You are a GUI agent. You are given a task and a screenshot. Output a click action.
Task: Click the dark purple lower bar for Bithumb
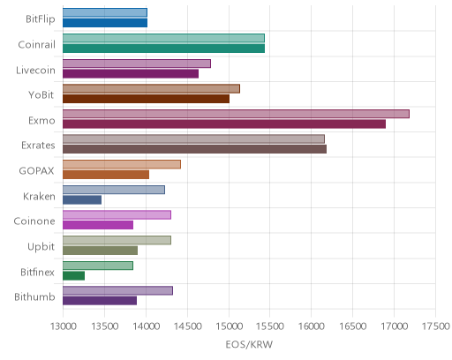100,301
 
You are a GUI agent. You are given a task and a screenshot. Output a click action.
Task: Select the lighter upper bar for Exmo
236,114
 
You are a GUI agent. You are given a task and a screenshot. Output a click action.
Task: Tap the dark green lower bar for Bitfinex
73,275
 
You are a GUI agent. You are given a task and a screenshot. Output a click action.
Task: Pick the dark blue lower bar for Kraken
82,199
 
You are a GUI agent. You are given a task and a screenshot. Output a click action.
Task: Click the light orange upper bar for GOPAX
122,164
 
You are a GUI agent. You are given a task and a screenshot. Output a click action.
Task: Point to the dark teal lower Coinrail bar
163,49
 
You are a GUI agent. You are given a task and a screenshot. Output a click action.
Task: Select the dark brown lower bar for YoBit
146,99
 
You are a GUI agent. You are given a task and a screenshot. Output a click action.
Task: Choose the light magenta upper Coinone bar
117,215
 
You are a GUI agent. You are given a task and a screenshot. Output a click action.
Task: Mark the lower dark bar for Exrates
194,149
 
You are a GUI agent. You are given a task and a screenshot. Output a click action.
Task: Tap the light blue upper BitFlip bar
105,12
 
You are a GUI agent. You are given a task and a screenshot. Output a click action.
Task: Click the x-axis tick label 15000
229,326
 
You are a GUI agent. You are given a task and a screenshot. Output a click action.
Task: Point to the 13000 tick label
64,326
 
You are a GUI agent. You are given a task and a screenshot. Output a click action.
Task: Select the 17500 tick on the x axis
436,326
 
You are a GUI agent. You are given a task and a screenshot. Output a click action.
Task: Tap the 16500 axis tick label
353,326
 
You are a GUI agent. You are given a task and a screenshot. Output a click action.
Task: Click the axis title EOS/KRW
249,344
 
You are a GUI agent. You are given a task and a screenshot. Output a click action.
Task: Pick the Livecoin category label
35,71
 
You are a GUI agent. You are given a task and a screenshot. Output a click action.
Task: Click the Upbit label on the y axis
41,246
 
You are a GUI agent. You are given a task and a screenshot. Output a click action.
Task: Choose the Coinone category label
34,221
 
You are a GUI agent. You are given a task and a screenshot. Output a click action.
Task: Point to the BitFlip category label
41,19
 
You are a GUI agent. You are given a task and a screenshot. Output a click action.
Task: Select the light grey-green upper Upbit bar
117,240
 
